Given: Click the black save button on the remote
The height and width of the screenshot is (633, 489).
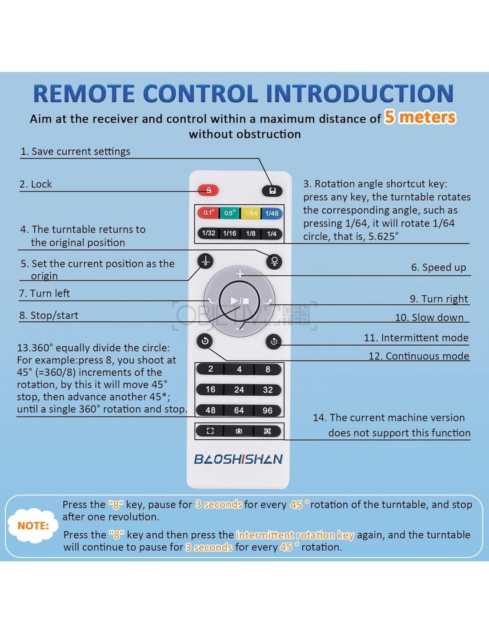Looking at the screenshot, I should pyautogui.click(x=273, y=191).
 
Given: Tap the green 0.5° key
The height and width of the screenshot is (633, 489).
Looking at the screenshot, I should pyautogui.click(x=229, y=213).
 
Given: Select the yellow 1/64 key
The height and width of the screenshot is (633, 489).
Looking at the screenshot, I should pyautogui.click(x=251, y=213).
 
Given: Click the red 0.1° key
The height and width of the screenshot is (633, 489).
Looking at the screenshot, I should pyautogui.click(x=208, y=213).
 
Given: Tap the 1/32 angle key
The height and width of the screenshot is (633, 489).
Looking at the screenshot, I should pyautogui.click(x=208, y=233).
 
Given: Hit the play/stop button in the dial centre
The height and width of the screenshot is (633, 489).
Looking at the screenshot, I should pyautogui.click(x=240, y=301).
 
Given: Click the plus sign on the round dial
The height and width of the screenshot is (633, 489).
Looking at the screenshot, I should pyautogui.click(x=240, y=274).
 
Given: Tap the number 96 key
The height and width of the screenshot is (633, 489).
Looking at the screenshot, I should pyautogui.click(x=268, y=410).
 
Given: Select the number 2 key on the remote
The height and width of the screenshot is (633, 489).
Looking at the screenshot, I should pyautogui.click(x=211, y=369).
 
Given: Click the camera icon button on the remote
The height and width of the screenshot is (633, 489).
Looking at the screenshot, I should pyautogui.click(x=239, y=431).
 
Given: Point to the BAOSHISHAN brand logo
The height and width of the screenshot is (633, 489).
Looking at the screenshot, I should pyautogui.click(x=238, y=459).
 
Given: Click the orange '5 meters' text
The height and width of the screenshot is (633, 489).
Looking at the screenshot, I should pyautogui.click(x=420, y=117).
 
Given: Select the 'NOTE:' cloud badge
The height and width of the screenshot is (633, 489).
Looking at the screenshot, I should pyautogui.click(x=33, y=526).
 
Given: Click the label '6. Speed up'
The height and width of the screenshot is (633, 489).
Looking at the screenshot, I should pyautogui.click(x=438, y=268).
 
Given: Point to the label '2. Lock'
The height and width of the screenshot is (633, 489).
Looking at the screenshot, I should pyautogui.click(x=36, y=184).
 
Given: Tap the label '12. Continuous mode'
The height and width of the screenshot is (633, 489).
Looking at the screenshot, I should pyautogui.click(x=418, y=356).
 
